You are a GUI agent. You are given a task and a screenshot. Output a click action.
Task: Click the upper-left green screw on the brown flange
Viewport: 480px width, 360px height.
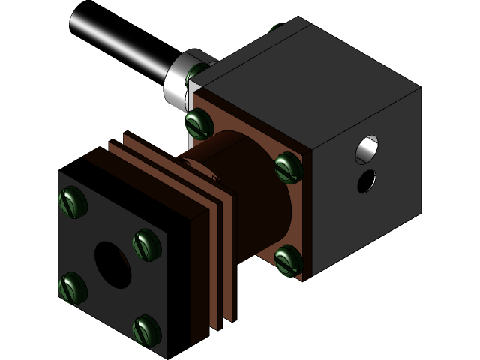pos(198,122)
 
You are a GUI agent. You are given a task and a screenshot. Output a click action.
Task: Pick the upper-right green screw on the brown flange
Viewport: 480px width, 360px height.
pos(288,167)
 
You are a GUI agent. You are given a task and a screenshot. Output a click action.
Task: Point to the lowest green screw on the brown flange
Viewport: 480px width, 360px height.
pos(288,259)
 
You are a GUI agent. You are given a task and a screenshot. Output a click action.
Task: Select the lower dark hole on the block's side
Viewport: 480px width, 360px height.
pos(367,181)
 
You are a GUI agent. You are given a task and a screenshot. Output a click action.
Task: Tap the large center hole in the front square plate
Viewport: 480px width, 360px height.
pos(112,264)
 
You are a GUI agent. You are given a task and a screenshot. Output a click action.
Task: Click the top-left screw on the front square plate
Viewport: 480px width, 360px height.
pos(73,202)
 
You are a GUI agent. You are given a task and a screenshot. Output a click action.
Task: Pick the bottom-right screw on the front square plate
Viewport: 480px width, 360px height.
pos(146,329)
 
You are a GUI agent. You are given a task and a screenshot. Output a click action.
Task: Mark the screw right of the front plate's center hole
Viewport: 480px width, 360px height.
pos(146,244)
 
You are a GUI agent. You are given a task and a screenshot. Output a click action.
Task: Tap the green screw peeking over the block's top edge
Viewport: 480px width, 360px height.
pos(275,29)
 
